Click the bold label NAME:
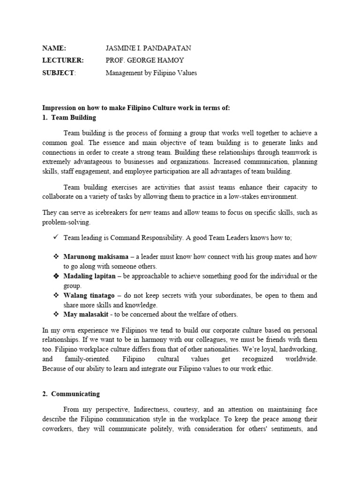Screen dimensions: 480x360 point(54,48)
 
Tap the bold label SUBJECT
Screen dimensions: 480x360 point(58,73)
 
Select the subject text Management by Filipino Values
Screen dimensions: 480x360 point(151,73)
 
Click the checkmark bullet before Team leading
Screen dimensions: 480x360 point(56,238)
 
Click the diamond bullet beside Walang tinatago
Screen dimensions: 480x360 point(56,295)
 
